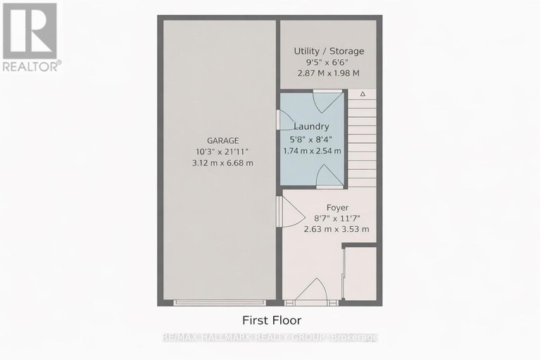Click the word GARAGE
[x=222, y=140]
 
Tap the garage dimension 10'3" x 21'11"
[x=222, y=151]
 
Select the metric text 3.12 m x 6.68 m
[x=222, y=163]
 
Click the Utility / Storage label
[x=329, y=51]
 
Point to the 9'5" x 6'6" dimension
[x=329, y=63]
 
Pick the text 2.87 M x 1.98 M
[x=329, y=73]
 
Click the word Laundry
[x=310, y=127]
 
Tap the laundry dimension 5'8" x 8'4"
[x=310, y=139]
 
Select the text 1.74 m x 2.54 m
[x=310, y=150]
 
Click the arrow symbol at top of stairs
[x=363, y=94]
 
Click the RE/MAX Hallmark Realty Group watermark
[x=270, y=338]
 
